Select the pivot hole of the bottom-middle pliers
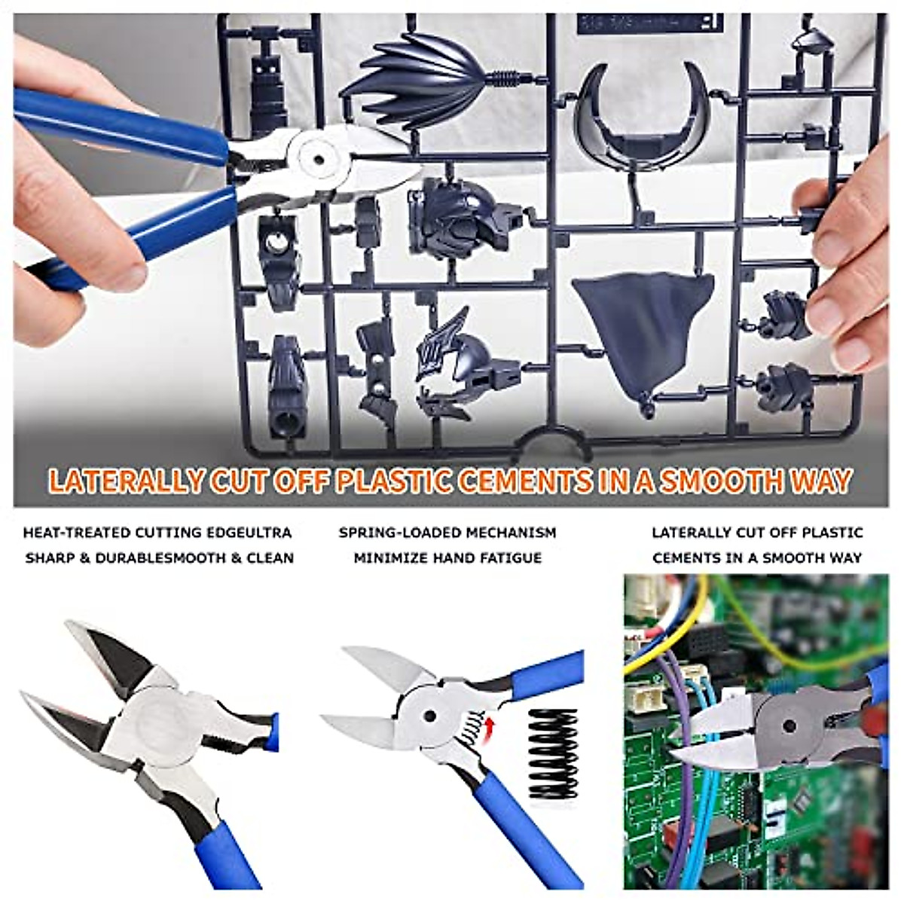click(429, 715)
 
